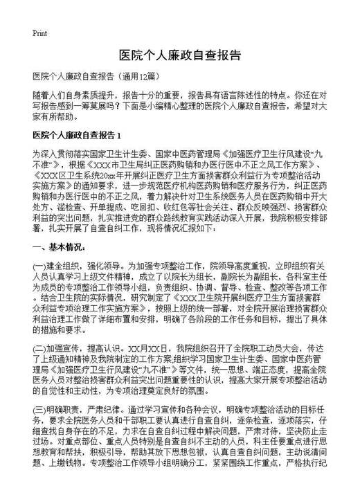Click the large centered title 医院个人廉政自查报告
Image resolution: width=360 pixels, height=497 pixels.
(x=179, y=55)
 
